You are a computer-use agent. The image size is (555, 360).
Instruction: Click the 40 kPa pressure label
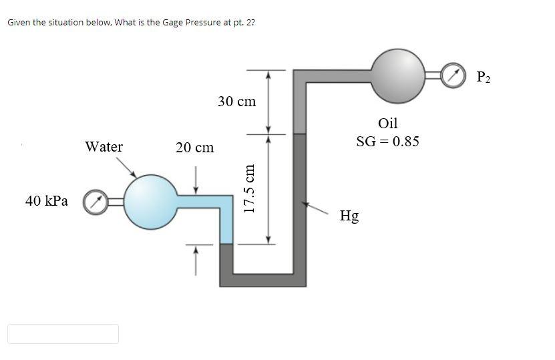pos(46,200)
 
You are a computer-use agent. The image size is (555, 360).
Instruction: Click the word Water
pos(104,147)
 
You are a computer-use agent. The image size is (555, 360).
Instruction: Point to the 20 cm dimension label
pos(194,148)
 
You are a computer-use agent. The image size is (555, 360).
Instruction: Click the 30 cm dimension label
pos(236,102)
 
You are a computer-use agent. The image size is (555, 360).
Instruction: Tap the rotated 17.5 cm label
pos(250,189)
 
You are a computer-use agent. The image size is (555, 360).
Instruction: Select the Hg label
pos(349,216)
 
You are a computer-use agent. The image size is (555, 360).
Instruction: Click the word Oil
pos(387,123)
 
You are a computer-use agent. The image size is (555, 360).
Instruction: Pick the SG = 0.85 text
pos(387,142)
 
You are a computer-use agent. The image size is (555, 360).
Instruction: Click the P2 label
pos(484,77)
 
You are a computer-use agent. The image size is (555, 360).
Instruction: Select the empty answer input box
pos(63,334)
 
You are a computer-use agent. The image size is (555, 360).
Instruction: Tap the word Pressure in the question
pos(199,23)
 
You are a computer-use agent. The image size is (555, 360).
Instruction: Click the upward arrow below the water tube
pos(196,257)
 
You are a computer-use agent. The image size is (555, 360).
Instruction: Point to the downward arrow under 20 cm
pos(196,176)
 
